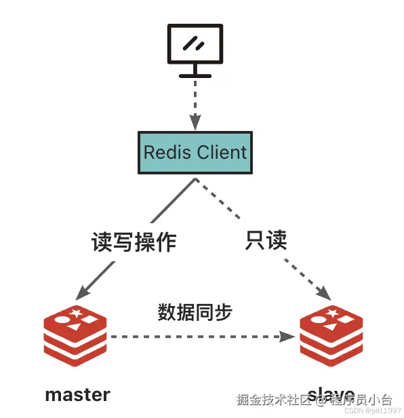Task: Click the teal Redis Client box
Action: (x=195, y=152)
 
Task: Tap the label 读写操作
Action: (x=134, y=243)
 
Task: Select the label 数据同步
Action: (x=195, y=312)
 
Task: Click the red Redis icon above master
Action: (x=75, y=336)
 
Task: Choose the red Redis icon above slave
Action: (x=331, y=337)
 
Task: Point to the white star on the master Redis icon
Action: (x=77, y=313)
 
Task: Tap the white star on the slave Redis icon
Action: (x=334, y=313)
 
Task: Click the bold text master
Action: (x=77, y=394)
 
